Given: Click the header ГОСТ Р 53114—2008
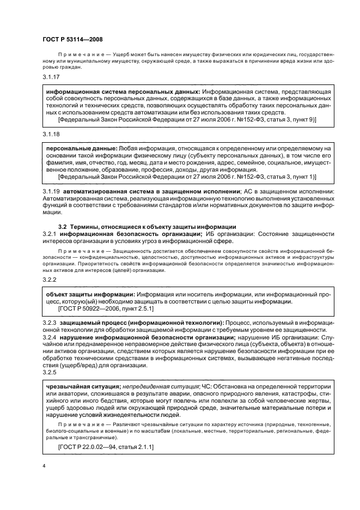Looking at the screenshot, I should [72, 39].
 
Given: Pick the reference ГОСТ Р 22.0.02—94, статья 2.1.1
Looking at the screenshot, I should [106, 447].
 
